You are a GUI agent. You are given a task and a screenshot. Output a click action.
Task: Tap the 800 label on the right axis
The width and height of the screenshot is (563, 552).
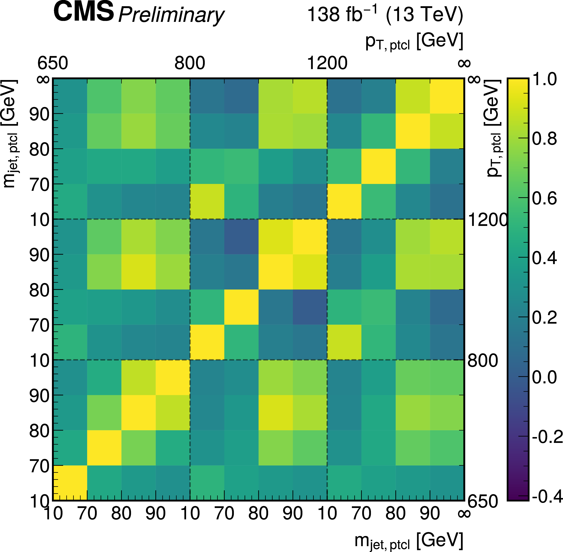coord(482,361)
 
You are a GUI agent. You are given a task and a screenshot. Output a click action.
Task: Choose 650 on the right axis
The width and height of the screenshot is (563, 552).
coord(482,501)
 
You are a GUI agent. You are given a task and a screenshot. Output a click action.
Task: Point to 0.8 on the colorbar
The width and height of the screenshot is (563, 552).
coord(544,139)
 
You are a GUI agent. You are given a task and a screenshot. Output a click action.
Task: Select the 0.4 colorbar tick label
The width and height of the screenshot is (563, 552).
coord(544,258)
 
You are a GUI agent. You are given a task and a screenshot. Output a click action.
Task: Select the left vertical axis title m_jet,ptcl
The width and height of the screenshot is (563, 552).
coord(10,133)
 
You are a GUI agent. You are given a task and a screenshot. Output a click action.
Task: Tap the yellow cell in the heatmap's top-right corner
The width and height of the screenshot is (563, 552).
coord(447,96)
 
